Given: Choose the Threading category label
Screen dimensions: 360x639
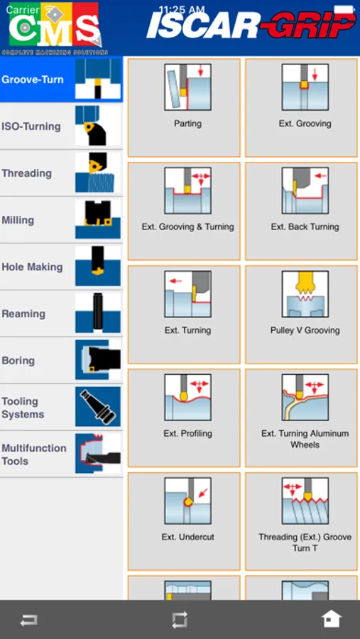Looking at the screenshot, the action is (26, 173).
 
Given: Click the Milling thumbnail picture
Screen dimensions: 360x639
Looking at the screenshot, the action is (98, 220).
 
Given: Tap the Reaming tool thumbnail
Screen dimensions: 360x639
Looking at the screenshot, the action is (98, 314).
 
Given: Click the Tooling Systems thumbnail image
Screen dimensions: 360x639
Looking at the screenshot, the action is (98, 407).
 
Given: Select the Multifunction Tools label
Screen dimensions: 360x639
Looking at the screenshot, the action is (34, 454).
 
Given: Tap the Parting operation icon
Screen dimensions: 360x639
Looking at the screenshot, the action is (188, 87).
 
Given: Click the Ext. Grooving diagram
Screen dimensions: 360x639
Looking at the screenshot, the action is (305, 87).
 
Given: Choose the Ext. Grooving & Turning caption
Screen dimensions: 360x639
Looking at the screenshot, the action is (188, 227).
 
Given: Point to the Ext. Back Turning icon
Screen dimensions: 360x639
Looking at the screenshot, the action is (305, 190).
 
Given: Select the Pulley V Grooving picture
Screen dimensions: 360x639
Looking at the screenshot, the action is (305, 294).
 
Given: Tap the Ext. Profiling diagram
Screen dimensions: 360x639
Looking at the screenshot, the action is (188, 398).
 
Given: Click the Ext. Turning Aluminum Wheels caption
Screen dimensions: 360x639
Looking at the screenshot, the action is (305, 439).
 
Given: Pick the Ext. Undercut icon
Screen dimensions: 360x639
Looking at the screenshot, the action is (188, 501).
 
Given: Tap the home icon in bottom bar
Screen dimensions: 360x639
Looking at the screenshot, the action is (331, 619).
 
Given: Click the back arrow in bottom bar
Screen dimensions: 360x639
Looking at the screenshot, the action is (29, 621).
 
